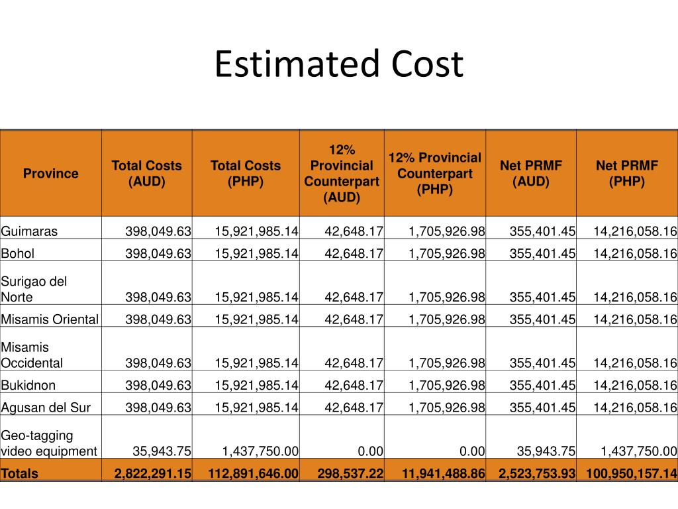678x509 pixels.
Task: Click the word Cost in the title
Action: click(x=428, y=64)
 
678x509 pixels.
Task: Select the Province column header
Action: click(x=50, y=174)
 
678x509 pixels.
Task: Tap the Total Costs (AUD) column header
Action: click(x=146, y=174)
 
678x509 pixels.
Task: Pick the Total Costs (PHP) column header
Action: click(x=246, y=174)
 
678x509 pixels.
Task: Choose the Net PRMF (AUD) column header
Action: click(x=531, y=174)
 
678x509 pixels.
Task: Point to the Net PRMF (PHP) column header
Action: click(x=627, y=174)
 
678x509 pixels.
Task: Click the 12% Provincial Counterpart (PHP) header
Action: click(x=435, y=174)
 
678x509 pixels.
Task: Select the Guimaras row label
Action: click(x=29, y=231)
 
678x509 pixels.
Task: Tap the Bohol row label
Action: click(x=17, y=253)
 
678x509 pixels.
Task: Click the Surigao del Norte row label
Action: click(x=34, y=289)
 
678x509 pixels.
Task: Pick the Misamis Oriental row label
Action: click(x=50, y=319)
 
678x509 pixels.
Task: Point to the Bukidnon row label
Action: click(x=28, y=385)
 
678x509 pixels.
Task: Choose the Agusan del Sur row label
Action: click(x=46, y=408)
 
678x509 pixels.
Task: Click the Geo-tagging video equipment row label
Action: click(x=49, y=443)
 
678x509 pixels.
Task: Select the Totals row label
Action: click(x=19, y=473)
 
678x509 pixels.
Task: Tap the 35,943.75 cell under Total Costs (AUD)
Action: click(x=162, y=451)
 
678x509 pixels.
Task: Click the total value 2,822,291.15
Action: click(x=153, y=473)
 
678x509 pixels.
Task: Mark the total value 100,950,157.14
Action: click(x=631, y=473)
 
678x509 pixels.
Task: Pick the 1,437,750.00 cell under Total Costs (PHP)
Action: click(x=260, y=451)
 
